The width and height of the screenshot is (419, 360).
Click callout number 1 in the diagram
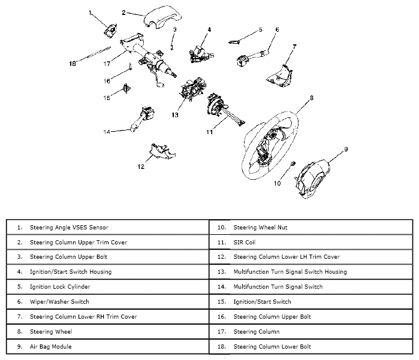[x=91, y=12]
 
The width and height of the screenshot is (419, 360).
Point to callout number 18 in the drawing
[x=73, y=63]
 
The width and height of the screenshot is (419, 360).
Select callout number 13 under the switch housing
[x=175, y=114]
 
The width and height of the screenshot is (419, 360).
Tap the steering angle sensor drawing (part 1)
[x=111, y=28]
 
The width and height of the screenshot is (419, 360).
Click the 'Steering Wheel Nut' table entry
[x=258, y=228]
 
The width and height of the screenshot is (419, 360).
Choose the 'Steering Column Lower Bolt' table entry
[x=272, y=346]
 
